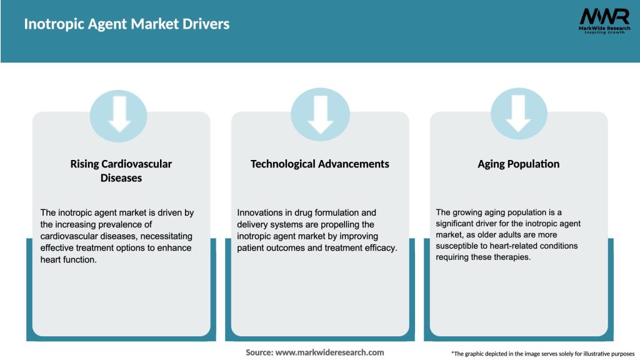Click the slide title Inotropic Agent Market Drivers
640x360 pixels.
(127, 24)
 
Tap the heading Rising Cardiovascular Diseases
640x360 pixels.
(121, 171)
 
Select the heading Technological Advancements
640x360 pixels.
(319, 164)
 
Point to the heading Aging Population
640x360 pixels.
(518, 164)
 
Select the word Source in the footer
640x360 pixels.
(259, 352)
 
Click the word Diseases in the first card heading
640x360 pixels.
(121, 178)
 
